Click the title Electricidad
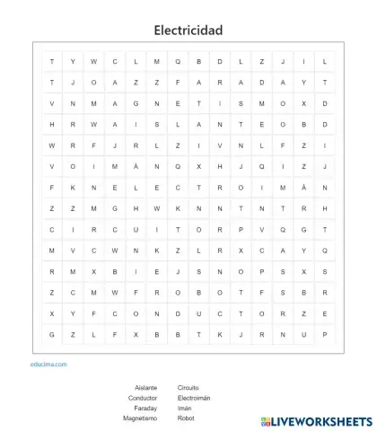(188, 31)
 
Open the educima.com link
(48, 365)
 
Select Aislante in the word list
(145, 388)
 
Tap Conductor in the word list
(143, 398)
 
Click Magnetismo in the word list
(140, 418)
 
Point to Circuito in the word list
(190, 388)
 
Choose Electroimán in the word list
(194, 398)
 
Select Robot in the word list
(186, 418)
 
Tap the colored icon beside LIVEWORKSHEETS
(267, 420)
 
